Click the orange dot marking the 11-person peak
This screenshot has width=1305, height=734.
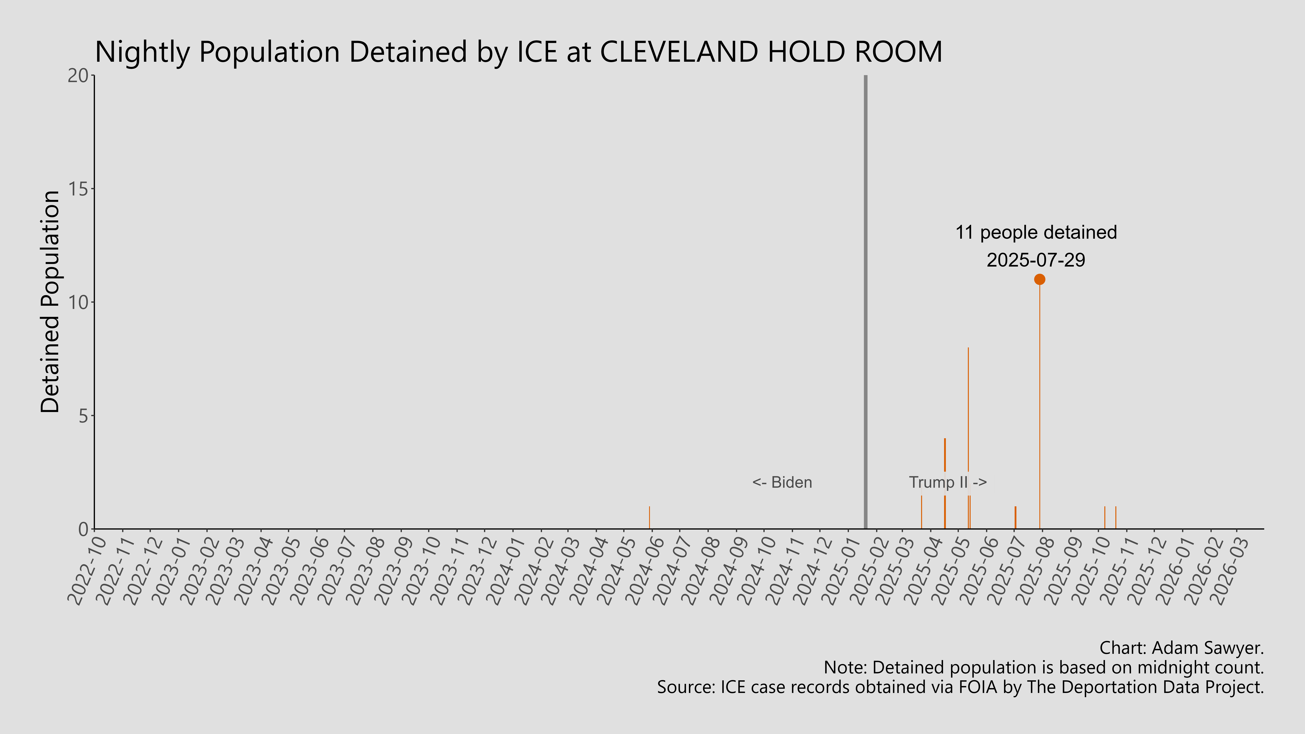(x=1040, y=279)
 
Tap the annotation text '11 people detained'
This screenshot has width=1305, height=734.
(x=1036, y=233)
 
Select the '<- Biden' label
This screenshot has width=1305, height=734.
(x=782, y=482)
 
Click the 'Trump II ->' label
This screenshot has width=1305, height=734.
(x=947, y=482)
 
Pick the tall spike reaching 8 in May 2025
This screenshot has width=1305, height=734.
(x=968, y=405)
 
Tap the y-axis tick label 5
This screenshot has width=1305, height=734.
(x=84, y=416)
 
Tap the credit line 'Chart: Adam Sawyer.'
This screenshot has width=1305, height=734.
(x=1181, y=648)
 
